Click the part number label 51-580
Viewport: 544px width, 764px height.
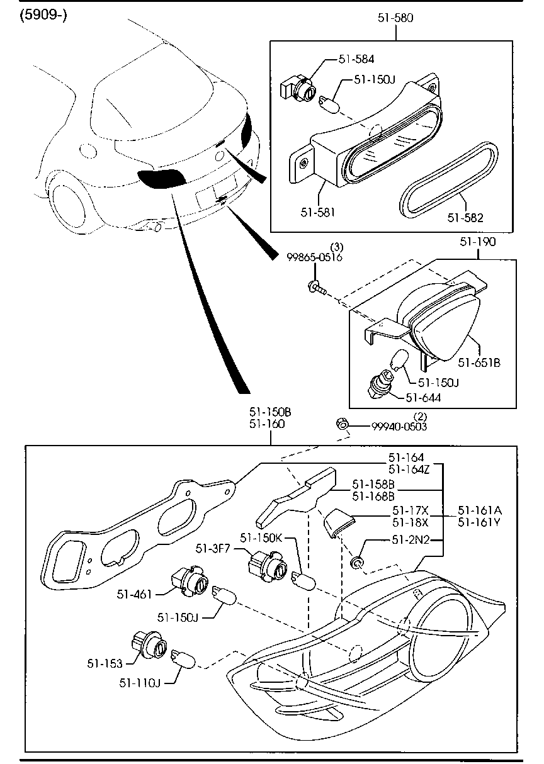(395, 18)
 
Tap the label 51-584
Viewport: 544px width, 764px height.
(356, 59)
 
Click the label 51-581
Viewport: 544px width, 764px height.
(317, 212)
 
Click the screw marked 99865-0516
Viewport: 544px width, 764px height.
(316, 288)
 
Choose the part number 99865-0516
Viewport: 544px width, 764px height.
(315, 257)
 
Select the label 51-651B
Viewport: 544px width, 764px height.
(479, 362)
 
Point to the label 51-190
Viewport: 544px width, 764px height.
(477, 241)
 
